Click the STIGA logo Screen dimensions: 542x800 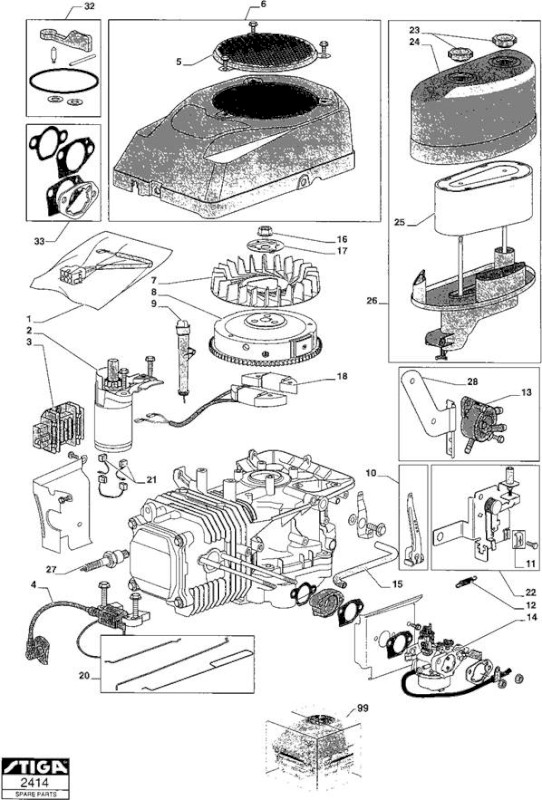coord(35,767)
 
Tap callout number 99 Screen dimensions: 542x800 coord(362,708)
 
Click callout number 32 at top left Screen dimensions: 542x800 coord(88,6)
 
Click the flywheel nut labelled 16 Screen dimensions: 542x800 coord(264,231)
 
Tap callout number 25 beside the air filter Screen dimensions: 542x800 coord(400,222)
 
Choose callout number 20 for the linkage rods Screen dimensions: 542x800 coord(85,676)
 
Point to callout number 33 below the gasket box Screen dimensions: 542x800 coord(39,241)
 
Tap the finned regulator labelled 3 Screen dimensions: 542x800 coord(52,427)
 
